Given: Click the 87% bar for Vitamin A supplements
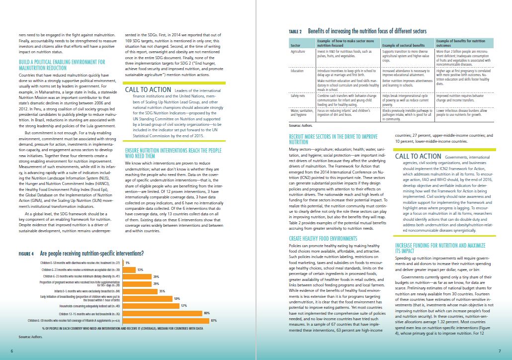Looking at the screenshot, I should point(166,321).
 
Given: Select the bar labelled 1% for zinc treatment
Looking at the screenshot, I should point(123,263).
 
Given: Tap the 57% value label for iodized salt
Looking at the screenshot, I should point(184,306).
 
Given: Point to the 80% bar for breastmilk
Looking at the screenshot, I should point(163,313).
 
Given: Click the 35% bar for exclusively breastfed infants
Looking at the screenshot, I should point(139,291).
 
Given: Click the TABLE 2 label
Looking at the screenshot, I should point(296,32).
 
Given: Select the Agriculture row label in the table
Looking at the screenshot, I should point(298,51).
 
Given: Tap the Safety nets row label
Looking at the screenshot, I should point(298,95).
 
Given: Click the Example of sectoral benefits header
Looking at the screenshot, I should point(402,45).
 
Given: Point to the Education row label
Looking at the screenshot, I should point(297,71).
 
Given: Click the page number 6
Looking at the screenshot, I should point(11,352).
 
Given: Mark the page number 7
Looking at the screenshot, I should point(500,352).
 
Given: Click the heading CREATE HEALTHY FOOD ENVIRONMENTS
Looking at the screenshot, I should point(323,239).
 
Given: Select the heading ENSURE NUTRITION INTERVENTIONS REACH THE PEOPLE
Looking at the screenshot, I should point(173,150).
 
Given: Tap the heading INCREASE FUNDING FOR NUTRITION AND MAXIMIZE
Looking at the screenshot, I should point(440,246).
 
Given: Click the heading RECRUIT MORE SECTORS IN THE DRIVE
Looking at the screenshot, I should point(333,136).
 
